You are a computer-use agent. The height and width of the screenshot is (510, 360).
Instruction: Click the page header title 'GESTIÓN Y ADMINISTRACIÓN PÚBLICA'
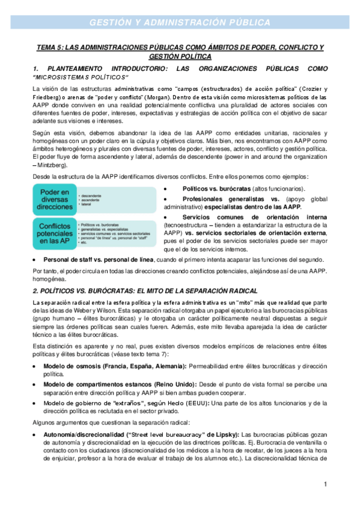pyautogui.click(x=180, y=23)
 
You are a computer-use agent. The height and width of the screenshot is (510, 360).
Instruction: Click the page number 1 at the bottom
pyautogui.click(x=325, y=484)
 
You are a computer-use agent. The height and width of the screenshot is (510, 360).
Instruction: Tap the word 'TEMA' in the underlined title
pyautogui.click(x=47, y=48)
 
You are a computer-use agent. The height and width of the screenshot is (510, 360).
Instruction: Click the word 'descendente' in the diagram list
pyautogui.click(x=91, y=195)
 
